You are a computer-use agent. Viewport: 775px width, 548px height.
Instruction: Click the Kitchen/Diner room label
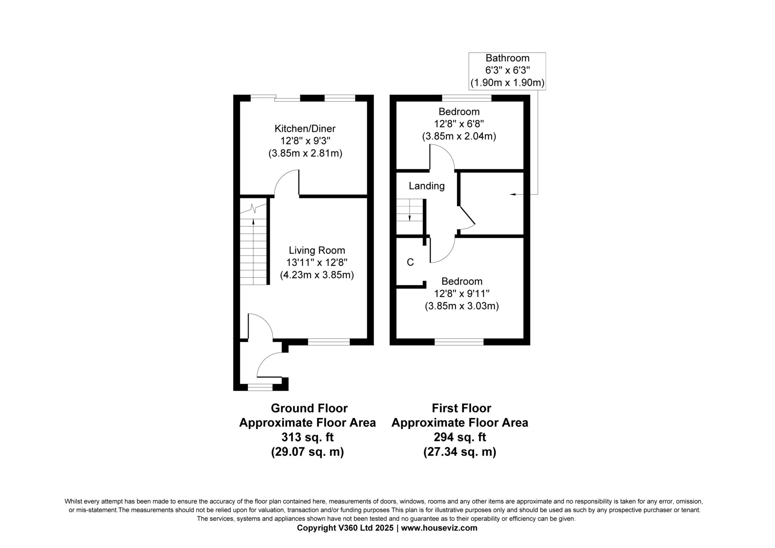305,129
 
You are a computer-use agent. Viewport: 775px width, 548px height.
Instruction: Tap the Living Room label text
317,250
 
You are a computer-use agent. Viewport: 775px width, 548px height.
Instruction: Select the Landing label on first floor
427,186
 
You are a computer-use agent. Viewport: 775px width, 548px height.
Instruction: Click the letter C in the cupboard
411,262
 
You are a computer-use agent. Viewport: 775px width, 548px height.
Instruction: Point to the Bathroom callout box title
507,58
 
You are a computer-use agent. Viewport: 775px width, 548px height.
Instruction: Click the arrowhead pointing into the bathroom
513,195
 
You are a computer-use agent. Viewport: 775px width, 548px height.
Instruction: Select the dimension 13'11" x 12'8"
317,262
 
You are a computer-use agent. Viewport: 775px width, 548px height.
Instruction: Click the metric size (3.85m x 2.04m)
459,136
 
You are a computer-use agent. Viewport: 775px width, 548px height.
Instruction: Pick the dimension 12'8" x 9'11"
462,294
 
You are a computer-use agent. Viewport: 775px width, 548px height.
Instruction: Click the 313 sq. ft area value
308,437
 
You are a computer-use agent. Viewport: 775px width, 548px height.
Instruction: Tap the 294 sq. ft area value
460,437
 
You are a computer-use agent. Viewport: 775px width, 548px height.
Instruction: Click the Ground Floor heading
309,408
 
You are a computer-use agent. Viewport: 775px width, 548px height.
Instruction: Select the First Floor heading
461,408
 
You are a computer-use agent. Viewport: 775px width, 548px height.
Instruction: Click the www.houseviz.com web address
440,528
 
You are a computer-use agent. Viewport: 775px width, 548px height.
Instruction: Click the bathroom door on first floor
467,215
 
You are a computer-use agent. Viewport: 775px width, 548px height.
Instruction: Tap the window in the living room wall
329,342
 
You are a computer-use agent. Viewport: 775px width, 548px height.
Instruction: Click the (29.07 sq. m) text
308,452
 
